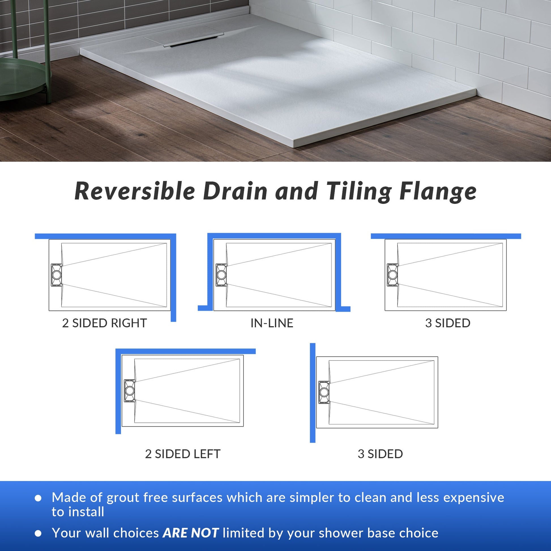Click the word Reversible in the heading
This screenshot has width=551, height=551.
[x=135, y=191]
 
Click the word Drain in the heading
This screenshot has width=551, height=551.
[x=236, y=191]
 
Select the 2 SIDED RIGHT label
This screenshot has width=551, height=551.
[x=104, y=323]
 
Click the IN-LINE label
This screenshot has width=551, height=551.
[x=272, y=323]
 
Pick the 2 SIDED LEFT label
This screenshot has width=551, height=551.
[x=183, y=454]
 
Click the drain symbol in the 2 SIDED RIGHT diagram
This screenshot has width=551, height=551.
[x=56, y=275]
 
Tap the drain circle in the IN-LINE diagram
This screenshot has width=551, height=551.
[x=221, y=275]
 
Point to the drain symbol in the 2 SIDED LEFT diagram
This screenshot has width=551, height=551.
[x=130, y=391]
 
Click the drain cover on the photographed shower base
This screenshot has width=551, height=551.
[x=184, y=36]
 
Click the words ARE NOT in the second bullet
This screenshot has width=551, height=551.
[x=191, y=533]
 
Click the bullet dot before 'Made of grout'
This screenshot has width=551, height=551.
[x=38, y=498]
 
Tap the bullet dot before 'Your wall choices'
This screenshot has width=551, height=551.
[x=38, y=533]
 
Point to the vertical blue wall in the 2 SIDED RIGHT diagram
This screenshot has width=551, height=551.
[x=173, y=277]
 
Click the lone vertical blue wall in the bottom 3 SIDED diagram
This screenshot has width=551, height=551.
[x=313, y=393]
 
